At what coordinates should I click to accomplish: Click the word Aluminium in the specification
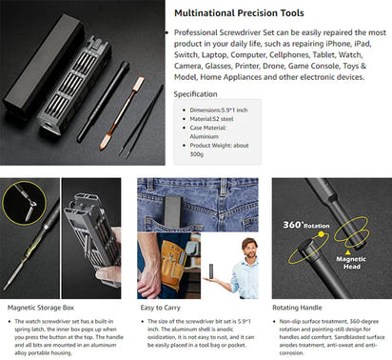point(232,139)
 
